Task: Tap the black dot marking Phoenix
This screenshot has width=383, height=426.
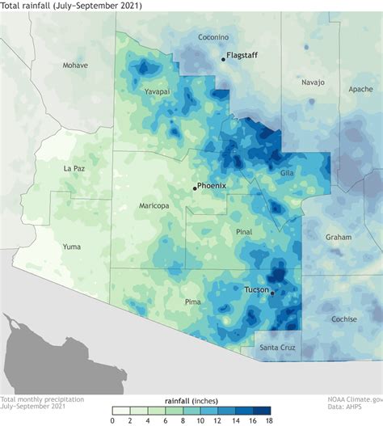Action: (x=195, y=188)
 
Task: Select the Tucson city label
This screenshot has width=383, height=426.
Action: (x=256, y=289)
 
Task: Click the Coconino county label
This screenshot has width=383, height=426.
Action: (x=213, y=37)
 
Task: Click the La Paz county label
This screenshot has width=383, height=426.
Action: (x=74, y=168)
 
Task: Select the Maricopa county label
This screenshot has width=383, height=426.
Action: (x=154, y=206)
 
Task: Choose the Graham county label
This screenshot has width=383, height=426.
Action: (x=339, y=238)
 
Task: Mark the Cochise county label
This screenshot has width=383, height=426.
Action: (x=343, y=319)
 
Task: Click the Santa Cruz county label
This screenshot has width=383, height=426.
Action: (x=276, y=348)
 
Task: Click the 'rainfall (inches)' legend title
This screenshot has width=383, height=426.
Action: (x=193, y=401)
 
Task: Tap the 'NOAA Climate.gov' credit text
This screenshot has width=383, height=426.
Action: (x=354, y=399)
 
